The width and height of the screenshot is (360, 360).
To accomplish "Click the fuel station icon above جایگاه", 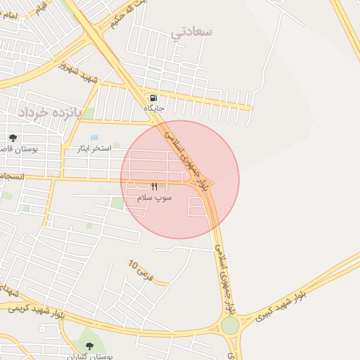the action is (x=153, y=97).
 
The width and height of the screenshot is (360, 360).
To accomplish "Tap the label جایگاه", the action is (x=154, y=108).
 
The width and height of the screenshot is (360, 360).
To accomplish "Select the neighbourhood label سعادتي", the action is (x=192, y=32).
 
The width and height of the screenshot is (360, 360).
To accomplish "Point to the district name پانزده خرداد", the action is (x=50, y=112).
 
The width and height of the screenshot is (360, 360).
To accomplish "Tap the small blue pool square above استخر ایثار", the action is (x=94, y=138).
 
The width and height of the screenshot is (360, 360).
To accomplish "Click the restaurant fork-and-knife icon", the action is (x=154, y=186).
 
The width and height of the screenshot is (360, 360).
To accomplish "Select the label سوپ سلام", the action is (x=154, y=198).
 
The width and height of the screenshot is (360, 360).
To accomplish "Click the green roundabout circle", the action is (x=230, y=325).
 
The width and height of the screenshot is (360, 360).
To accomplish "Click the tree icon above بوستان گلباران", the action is (x=89, y=345).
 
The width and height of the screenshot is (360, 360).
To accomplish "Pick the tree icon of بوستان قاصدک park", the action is (x=13, y=138).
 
